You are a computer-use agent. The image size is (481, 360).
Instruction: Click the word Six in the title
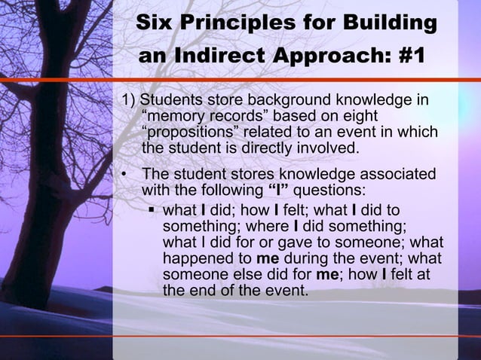tap(154, 24)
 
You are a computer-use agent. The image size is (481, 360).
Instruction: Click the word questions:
tap(329, 191)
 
